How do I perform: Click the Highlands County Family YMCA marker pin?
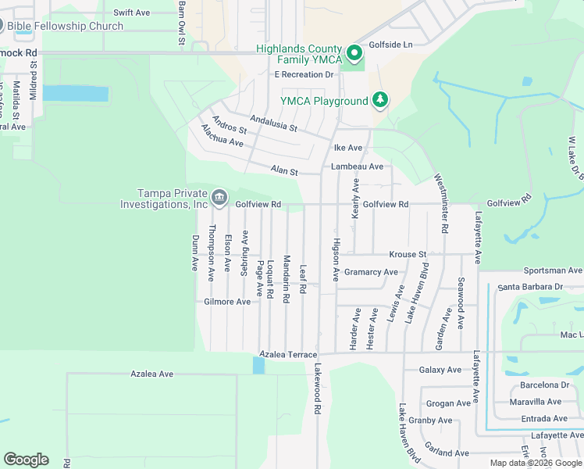click(354, 53)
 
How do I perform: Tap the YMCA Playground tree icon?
click(380, 99)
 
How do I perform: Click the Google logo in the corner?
click(26, 460)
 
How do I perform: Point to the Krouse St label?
click(408, 255)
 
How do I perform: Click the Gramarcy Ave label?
click(371, 272)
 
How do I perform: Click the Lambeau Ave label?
click(357, 166)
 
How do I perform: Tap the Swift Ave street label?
click(131, 13)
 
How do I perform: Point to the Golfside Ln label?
click(390, 45)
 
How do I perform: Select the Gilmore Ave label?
click(227, 302)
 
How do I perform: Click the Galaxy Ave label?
click(440, 370)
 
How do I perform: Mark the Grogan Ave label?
click(449, 403)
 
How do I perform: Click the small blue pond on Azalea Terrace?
click(258, 365)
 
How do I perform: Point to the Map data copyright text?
click(536, 463)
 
